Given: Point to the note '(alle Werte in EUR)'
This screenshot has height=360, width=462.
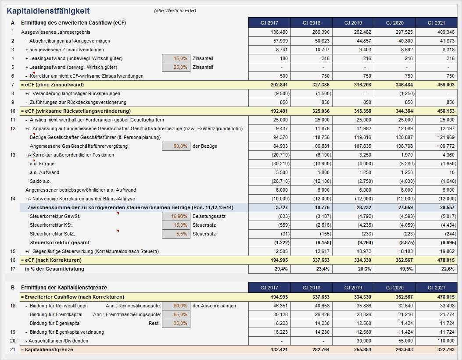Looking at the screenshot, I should pos(175,11).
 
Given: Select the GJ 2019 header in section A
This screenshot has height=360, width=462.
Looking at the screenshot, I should pos(353,23).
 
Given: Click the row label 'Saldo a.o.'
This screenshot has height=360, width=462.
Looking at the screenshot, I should pos(40,181).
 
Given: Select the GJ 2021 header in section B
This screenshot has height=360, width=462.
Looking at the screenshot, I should pos(436,288).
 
